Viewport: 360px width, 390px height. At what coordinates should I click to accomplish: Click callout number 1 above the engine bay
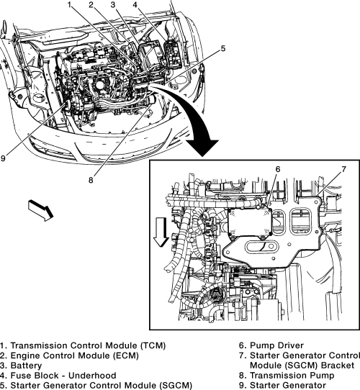(70, 4)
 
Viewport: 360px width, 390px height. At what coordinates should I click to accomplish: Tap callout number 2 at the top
(91, 4)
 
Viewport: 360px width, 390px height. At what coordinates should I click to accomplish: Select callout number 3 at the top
(113, 4)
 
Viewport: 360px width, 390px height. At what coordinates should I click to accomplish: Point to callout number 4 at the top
(135, 4)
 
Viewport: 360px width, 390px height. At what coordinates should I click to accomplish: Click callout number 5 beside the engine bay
(222, 48)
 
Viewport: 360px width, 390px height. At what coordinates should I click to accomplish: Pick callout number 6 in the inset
(278, 169)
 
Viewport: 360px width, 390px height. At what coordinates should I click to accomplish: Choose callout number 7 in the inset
(343, 169)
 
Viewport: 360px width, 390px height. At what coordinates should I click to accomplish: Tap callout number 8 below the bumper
(91, 180)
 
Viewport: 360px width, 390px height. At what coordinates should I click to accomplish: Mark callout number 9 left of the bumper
(3, 158)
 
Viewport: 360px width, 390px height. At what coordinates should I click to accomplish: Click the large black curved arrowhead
(202, 148)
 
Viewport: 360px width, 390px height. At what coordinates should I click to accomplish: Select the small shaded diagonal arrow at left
(41, 210)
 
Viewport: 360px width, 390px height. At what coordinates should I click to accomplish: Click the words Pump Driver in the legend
(276, 345)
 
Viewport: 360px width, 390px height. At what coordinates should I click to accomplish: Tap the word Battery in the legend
(26, 366)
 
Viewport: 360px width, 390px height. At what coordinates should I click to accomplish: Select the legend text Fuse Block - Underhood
(63, 376)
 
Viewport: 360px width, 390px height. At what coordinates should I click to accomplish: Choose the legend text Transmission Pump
(292, 376)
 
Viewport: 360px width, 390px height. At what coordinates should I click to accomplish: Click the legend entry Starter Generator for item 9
(288, 385)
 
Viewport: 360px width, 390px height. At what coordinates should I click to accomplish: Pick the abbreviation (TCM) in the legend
(153, 345)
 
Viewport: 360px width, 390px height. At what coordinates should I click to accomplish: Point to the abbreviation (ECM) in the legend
(126, 355)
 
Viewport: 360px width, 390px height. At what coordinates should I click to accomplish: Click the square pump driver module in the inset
(250, 223)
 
